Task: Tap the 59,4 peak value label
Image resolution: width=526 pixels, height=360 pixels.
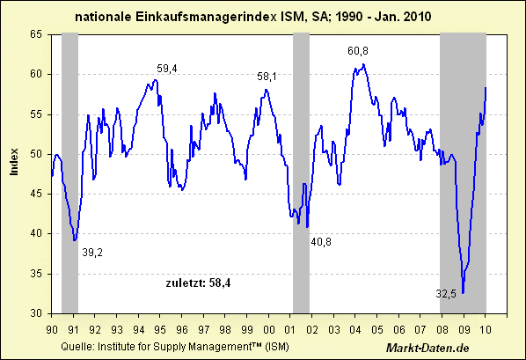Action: (167, 68)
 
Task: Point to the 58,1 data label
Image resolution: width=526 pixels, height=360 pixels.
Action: (267, 77)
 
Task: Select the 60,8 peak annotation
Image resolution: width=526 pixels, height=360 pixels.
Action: (358, 51)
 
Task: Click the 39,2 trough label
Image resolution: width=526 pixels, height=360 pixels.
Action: (92, 253)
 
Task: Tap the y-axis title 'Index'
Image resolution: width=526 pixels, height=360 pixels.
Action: (15, 161)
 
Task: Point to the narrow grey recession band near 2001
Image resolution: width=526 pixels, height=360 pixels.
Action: (301, 172)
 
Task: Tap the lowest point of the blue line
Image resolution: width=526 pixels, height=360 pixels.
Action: (463, 292)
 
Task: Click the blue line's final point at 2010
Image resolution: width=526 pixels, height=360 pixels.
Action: (486, 87)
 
